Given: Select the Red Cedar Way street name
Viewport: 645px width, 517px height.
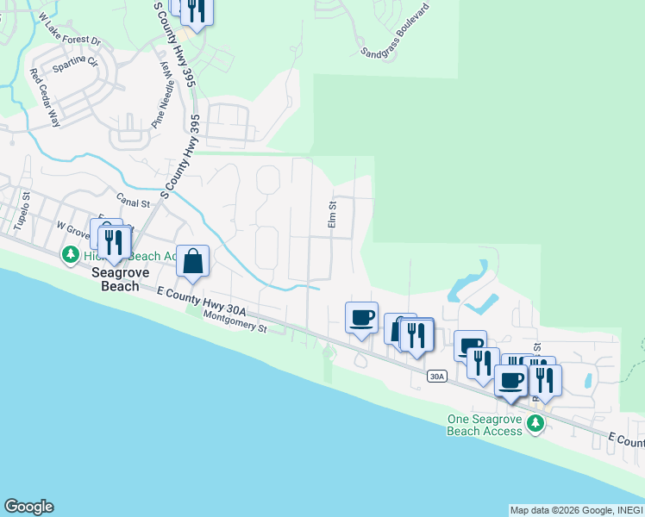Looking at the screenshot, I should (x=45, y=98).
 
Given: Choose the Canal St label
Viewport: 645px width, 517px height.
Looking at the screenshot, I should (x=134, y=203).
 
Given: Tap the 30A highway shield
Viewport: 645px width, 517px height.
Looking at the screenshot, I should (x=437, y=376).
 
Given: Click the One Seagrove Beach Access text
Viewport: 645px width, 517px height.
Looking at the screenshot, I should (x=484, y=425).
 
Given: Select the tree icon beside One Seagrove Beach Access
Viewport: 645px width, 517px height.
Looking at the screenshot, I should (x=535, y=422).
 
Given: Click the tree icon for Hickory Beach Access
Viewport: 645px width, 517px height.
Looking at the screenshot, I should (x=70, y=255).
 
